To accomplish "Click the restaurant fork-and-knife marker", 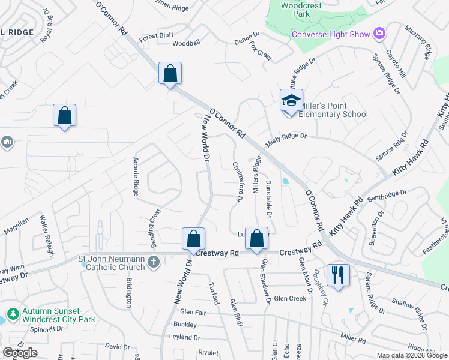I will tap(338, 275).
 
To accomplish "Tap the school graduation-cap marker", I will tap(291, 100).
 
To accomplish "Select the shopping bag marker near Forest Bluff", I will tap(170, 73).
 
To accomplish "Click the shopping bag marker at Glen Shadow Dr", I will tap(256, 238).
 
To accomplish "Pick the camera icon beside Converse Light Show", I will tap(379, 34).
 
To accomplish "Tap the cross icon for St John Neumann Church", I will tap(154, 262).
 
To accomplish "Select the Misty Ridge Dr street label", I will tap(287, 137).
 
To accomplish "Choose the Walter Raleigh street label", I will tap(43, 234).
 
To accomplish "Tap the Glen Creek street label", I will tap(290, 298).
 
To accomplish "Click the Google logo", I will tap(20, 353).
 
